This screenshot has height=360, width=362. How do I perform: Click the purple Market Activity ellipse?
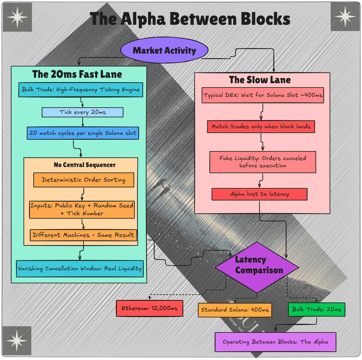coord(164,50)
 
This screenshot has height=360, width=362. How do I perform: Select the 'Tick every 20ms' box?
coord(82,112)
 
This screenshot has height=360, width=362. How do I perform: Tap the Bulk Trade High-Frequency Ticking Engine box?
coord(81,89)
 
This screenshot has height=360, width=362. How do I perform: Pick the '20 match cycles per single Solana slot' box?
coord(83,133)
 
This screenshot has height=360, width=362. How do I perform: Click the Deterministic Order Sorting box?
coord(84,180)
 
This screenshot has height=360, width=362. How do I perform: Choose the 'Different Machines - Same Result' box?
coord(83,235)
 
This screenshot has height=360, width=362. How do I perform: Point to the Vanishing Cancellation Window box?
coord(80,268)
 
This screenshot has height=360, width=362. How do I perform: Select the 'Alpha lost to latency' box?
coord(259,194)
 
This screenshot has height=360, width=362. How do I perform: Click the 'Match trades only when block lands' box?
coord(261,127)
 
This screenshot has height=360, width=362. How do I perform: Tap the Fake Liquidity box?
coord(263,162)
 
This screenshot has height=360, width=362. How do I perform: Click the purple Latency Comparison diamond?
coord(257,267)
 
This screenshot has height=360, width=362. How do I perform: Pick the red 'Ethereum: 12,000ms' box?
coord(150,308)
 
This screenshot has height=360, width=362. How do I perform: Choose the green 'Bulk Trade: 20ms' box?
coord(316,309)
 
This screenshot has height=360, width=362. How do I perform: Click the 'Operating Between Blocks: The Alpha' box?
coord(275,342)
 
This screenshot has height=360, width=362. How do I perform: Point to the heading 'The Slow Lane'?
coord(260,80)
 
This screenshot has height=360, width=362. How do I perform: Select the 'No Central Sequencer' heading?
coord(84,165)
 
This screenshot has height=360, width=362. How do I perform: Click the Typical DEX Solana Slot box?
coord(263,95)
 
